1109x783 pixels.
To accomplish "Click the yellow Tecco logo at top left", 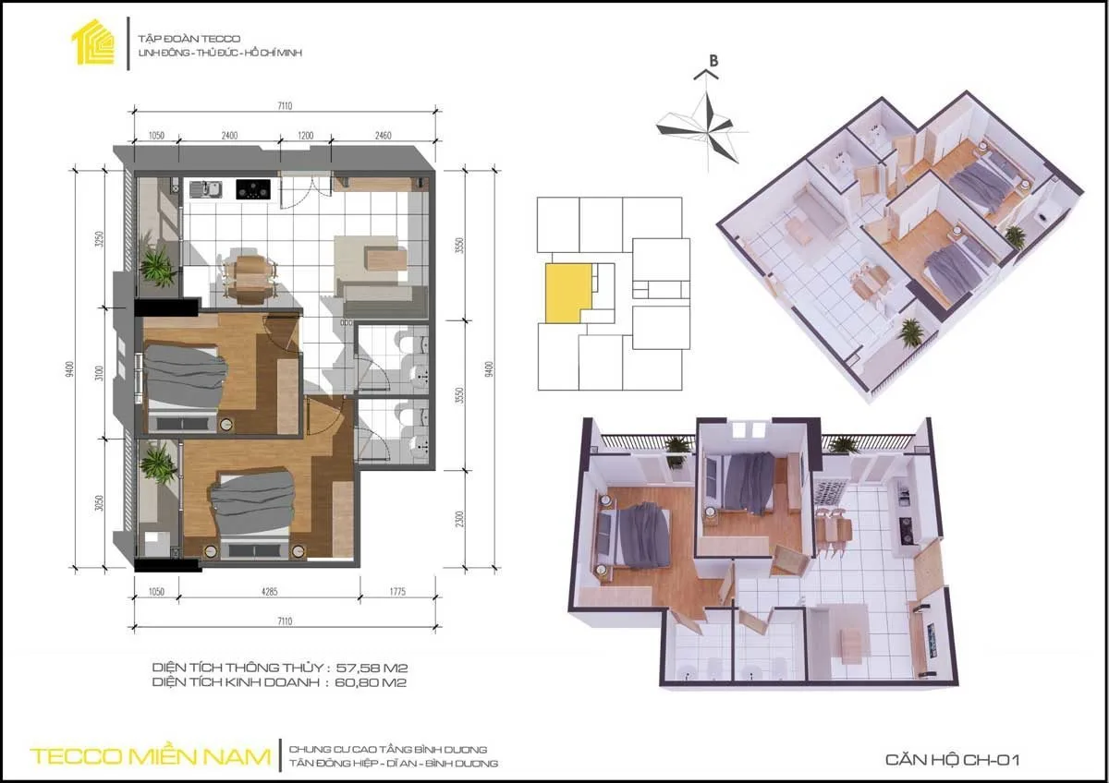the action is click(93, 42).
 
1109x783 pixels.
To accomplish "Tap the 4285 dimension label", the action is click(269, 591).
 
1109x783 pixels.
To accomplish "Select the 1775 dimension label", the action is click(397, 591).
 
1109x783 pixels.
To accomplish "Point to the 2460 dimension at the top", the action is click(384, 136).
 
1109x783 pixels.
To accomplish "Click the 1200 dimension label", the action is click(306, 136).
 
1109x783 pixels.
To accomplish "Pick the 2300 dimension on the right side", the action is click(460, 519).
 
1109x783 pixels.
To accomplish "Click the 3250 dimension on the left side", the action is click(100, 239).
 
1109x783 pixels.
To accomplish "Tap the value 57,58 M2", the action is click(372, 668).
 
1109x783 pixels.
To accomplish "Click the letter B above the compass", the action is click(713, 61).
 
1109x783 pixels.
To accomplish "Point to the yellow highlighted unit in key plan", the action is click(567, 293).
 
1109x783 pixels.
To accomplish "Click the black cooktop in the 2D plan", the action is click(253, 189).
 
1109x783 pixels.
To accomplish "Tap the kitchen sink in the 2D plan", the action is click(205, 189).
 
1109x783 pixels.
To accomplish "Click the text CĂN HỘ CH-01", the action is click(953, 759).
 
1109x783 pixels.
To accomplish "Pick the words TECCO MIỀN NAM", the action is click(151, 757).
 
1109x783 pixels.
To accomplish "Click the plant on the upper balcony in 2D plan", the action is click(158, 266).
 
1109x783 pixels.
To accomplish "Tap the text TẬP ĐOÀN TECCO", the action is click(189, 39).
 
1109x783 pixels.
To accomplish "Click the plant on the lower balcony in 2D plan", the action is click(158, 464).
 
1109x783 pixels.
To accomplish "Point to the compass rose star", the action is click(704, 128).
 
